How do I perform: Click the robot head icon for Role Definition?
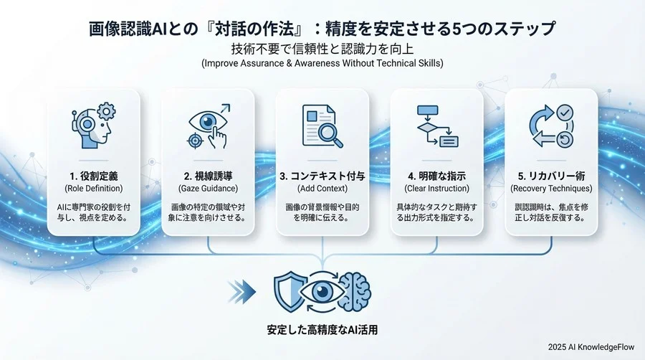(x=93, y=123)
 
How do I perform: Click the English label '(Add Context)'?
(x=322, y=189)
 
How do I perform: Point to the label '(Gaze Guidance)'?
(x=208, y=189)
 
